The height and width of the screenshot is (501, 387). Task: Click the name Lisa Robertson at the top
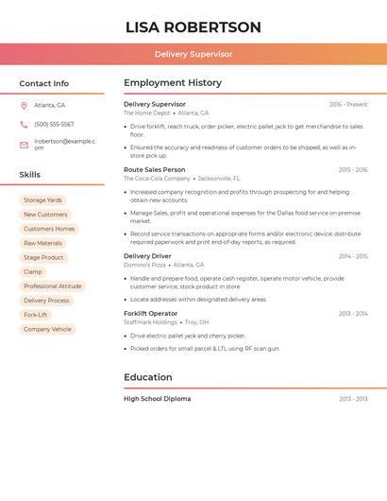click(x=193, y=26)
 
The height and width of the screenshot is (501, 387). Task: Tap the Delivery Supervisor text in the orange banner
click(x=193, y=54)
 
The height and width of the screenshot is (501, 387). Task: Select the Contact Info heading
click(x=44, y=83)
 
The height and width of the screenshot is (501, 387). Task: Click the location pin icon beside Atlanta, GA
click(x=24, y=105)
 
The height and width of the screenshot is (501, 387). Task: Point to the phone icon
click(x=24, y=125)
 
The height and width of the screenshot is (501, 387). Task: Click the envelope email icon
click(x=24, y=145)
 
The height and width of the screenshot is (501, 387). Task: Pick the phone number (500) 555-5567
click(x=54, y=125)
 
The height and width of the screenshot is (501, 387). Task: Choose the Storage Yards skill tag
click(x=42, y=200)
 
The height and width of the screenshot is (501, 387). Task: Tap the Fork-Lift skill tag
click(x=36, y=315)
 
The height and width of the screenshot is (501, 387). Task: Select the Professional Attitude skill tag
click(x=53, y=286)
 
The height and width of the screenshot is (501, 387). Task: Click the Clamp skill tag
click(x=33, y=272)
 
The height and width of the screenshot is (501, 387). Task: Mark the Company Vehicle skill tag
click(x=47, y=329)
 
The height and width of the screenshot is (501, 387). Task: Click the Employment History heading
click(x=173, y=83)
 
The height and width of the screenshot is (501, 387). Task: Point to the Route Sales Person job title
click(x=155, y=169)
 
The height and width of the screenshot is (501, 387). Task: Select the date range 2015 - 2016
click(x=352, y=170)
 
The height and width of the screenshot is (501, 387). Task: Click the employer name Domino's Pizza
click(x=144, y=266)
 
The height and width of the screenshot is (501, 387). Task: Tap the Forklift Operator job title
click(x=150, y=313)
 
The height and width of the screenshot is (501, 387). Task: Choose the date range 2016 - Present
click(x=347, y=104)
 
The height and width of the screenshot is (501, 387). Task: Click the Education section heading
click(x=148, y=377)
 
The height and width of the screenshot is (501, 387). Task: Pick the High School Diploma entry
click(x=157, y=399)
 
